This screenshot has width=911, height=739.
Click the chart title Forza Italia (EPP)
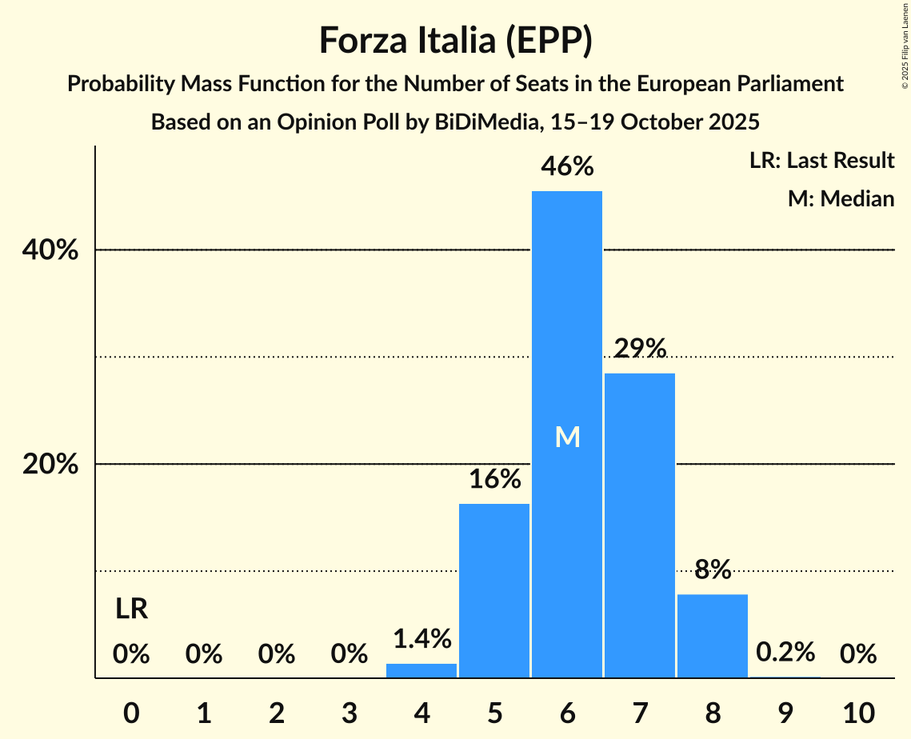click(x=455, y=40)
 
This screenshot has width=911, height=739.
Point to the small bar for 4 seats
click(x=422, y=670)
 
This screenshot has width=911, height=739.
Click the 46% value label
click(x=567, y=166)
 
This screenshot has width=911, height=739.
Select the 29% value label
click(x=640, y=348)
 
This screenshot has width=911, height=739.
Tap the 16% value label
click(x=494, y=479)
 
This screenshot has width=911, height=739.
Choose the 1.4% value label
click(x=422, y=638)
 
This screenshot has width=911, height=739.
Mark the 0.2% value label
click(x=785, y=652)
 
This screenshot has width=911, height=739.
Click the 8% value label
click(x=713, y=569)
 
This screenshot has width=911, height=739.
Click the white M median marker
click(x=567, y=437)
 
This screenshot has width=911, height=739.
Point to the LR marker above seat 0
click(x=131, y=609)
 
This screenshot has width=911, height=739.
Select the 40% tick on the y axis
click(x=50, y=250)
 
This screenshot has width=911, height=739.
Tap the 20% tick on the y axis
click(x=50, y=465)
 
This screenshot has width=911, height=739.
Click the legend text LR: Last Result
click(x=821, y=161)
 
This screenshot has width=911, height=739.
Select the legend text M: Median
click(x=841, y=198)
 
